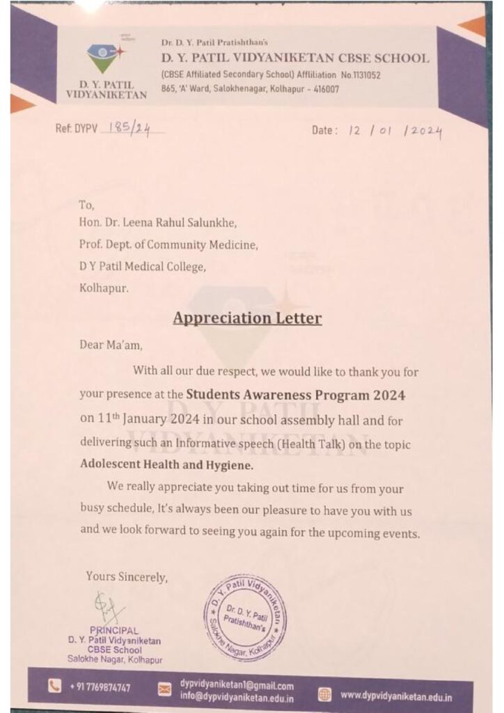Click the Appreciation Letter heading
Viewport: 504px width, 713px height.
[247, 318]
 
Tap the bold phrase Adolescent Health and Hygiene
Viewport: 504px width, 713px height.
[166, 463]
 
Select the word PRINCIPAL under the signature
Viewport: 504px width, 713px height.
[116, 631]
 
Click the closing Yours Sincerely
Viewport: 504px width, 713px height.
[127, 577]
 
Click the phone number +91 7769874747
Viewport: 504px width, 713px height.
[100, 688]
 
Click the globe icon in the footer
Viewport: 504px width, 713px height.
[324, 694]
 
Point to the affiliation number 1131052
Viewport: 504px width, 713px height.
[360, 75]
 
